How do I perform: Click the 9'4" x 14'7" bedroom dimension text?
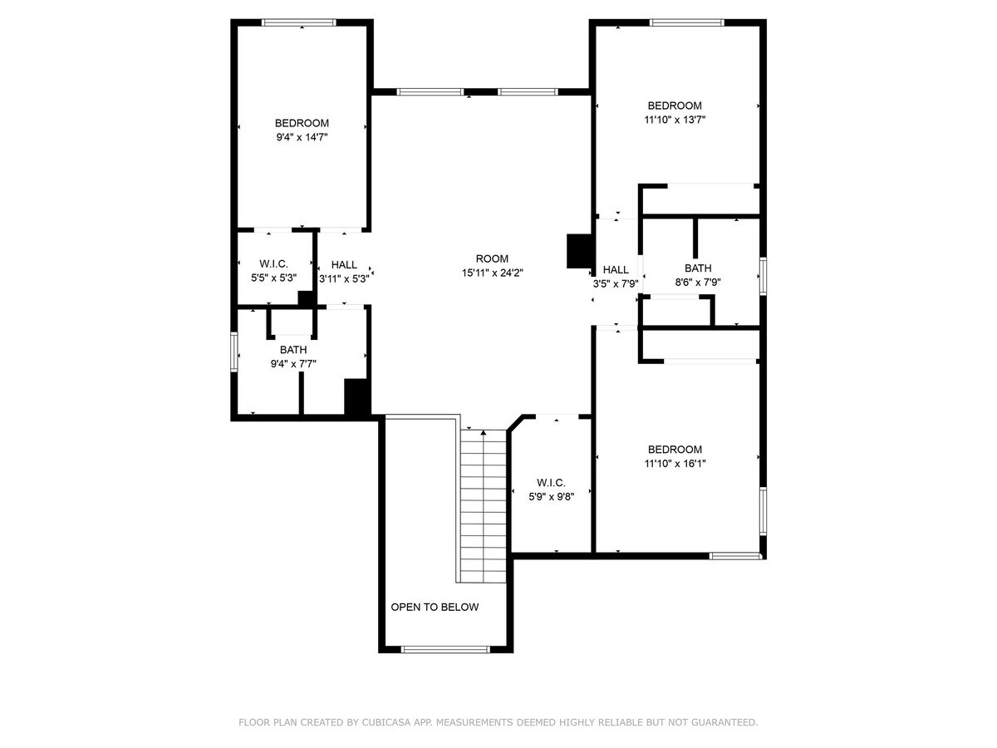[302, 137]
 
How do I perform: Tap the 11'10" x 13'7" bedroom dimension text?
[675, 120]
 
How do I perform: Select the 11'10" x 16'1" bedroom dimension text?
[675, 464]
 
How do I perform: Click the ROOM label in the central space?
[492, 258]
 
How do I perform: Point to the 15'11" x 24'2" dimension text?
[492, 273]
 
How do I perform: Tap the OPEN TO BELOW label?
[435, 608]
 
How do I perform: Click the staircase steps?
[484, 507]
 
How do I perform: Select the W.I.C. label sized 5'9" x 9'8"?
[551, 483]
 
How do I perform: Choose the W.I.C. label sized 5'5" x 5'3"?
[273, 263]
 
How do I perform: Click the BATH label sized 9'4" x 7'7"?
[292, 350]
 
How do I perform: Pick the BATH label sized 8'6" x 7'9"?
[698, 268]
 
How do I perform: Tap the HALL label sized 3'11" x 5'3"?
[344, 265]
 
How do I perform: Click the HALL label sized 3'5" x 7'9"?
[616, 269]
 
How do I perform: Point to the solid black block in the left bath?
[356, 396]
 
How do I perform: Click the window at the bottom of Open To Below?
[444, 649]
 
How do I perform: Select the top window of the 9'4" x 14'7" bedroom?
[298, 22]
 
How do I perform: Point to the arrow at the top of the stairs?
[484, 433]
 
